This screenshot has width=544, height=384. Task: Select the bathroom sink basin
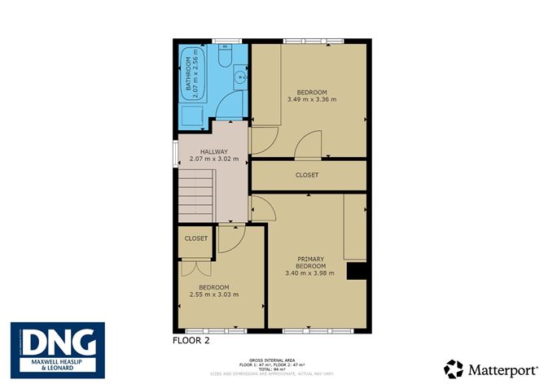click(238, 79)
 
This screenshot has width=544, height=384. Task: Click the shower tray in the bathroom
click(193, 115)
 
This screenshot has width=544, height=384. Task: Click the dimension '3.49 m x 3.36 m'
click(311, 99)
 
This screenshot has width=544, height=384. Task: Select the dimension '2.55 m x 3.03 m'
click(215, 295)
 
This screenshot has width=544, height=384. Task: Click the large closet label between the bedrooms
click(307, 175)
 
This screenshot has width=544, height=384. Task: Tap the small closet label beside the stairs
click(196, 238)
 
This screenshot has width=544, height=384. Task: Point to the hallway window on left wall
click(174, 154)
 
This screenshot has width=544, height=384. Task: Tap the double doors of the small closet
click(195, 268)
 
